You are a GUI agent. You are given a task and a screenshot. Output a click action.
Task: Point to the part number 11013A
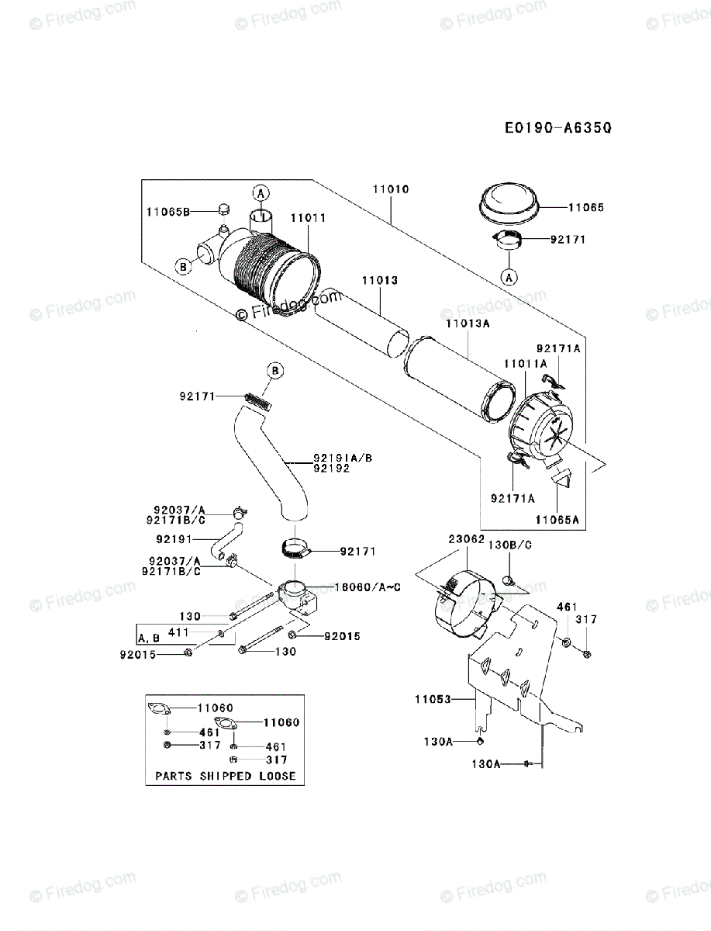pos(468,323)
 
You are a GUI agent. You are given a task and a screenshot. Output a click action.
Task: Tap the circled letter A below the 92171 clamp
pos(509,275)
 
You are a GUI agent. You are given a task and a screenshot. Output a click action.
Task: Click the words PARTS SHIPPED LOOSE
pos(225,775)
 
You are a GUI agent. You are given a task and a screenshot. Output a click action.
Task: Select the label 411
pos(178,633)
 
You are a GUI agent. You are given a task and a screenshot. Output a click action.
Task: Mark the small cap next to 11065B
pos(223,209)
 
